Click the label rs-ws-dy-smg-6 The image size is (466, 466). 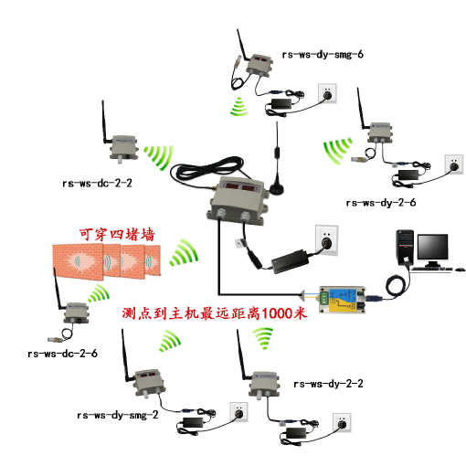click(323, 55)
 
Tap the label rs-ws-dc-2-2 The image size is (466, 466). click(97, 184)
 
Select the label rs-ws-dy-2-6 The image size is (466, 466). click(381, 203)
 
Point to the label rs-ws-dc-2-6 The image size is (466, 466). click(62, 354)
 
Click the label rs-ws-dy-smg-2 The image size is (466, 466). click(118, 415)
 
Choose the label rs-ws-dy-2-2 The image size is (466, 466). click(328, 384)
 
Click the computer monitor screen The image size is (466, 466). click(432, 247)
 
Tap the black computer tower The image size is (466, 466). click(405, 248)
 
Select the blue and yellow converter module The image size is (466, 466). click(342, 300)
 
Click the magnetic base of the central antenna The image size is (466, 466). click(277, 189)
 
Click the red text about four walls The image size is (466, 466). click(117, 235)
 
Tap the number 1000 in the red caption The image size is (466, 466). click(277, 313)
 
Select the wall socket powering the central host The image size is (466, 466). click(326, 240)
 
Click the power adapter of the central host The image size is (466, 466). click(290, 261)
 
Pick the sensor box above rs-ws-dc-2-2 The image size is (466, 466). click(123, 148)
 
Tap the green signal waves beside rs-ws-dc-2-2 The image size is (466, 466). click(159, 157)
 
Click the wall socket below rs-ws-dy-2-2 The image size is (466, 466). click(342, 423)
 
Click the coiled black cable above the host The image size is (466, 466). click(207, 169)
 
